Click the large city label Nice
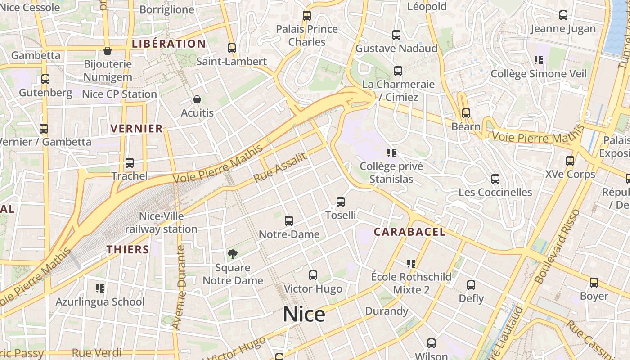[304, 314]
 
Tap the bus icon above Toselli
[341, 202]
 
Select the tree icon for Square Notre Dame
[232, 254]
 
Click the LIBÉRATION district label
[169, 44]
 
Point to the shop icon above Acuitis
[197, 99]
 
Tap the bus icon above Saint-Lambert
[232, 48]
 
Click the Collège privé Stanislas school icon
[391, 153]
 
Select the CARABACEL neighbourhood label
[410, 232]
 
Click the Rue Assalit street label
[280, 167]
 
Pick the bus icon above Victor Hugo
[313, 275]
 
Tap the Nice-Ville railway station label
[161, 223]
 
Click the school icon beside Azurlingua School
[100, 288]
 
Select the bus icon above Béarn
[466, 113]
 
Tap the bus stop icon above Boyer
[594, 283]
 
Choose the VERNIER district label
[137, 128]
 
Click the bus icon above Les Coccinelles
[495, 179]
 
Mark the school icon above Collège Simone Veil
[539, 60]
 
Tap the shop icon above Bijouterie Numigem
[108, 50]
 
